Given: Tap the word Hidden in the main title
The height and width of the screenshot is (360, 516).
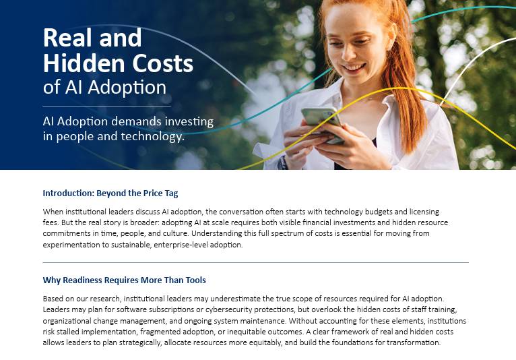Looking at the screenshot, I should click(82, 63).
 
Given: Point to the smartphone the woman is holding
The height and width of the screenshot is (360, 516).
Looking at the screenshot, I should click(321, 120).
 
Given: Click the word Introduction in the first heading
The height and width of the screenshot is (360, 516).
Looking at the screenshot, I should click(70, 193).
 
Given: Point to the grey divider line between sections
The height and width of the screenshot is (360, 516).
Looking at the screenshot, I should click(255, 262).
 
